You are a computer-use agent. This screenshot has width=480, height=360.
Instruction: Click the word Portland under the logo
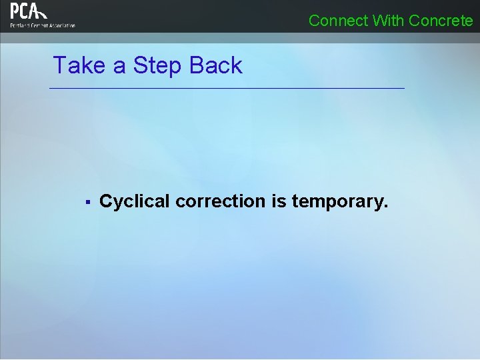(x=19, y=25)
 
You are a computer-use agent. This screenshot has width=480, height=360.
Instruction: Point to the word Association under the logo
(x=62, y=25)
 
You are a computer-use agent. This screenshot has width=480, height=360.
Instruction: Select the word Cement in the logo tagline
(x=39, y=25)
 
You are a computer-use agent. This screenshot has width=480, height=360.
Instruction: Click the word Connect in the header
(x=338, y=21)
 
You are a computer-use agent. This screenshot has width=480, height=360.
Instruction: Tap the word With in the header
(x=388, y=21)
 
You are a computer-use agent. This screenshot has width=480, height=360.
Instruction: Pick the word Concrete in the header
(x=441, y=21)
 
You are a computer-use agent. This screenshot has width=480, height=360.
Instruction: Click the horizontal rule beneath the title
(x=227, y=88)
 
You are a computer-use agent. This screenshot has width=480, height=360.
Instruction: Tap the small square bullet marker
(x=87, y=201)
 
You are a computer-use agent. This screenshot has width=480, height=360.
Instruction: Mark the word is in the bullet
(x=279, y=201)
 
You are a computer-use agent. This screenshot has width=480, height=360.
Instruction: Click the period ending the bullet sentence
(x=385, y=206)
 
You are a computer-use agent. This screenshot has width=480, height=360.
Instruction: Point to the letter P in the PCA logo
(x=15, y=11)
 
